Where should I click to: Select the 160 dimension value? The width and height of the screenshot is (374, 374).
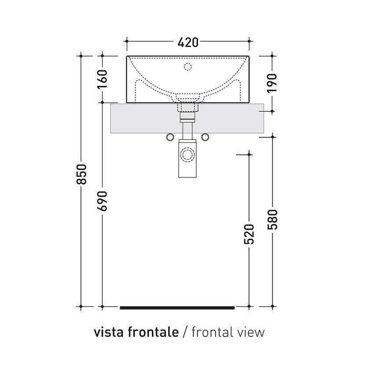(x=103, y=79)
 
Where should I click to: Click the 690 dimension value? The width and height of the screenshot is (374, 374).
(x=103, y=201)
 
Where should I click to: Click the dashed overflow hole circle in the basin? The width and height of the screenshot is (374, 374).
(x=188, y=67)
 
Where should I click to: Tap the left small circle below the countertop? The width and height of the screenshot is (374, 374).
(x=170, y=137)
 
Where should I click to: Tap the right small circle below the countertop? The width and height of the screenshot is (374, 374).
(x=205, y=137)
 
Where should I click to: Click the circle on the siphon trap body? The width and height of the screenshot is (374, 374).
(x=187, y=155)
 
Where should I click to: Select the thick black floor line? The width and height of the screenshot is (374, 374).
(x=177, y=307)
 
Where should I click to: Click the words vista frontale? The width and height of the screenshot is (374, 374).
(x=136, y=332)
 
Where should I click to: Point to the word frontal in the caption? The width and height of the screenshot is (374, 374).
(x=210, y=332)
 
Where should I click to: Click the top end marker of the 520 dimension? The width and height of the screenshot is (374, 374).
(x=249, y=154)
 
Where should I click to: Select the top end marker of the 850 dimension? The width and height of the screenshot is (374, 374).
(x=81, y=56)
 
